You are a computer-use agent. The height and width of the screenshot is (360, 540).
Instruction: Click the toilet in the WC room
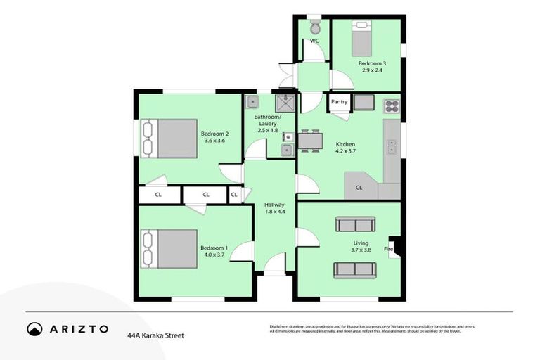[314, 27]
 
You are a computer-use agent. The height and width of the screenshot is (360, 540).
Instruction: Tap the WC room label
[314, 41]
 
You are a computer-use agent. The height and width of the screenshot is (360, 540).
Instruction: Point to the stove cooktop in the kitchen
[391, 107]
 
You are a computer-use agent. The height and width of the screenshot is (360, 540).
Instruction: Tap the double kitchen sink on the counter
[392, 148]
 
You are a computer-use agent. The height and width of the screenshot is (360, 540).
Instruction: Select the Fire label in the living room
[387, 249]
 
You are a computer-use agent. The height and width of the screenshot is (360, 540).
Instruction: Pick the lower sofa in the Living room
[354, 270]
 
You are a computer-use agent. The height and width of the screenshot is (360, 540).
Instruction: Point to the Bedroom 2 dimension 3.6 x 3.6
[214, 141]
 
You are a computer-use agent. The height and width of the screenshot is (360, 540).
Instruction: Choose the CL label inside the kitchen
[359, 188]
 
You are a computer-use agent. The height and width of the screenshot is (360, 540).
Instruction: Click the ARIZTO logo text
[77, 328]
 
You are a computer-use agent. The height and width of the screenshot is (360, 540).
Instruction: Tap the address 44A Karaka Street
[155, 336]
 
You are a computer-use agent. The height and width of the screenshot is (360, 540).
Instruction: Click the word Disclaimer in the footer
[280, 326]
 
